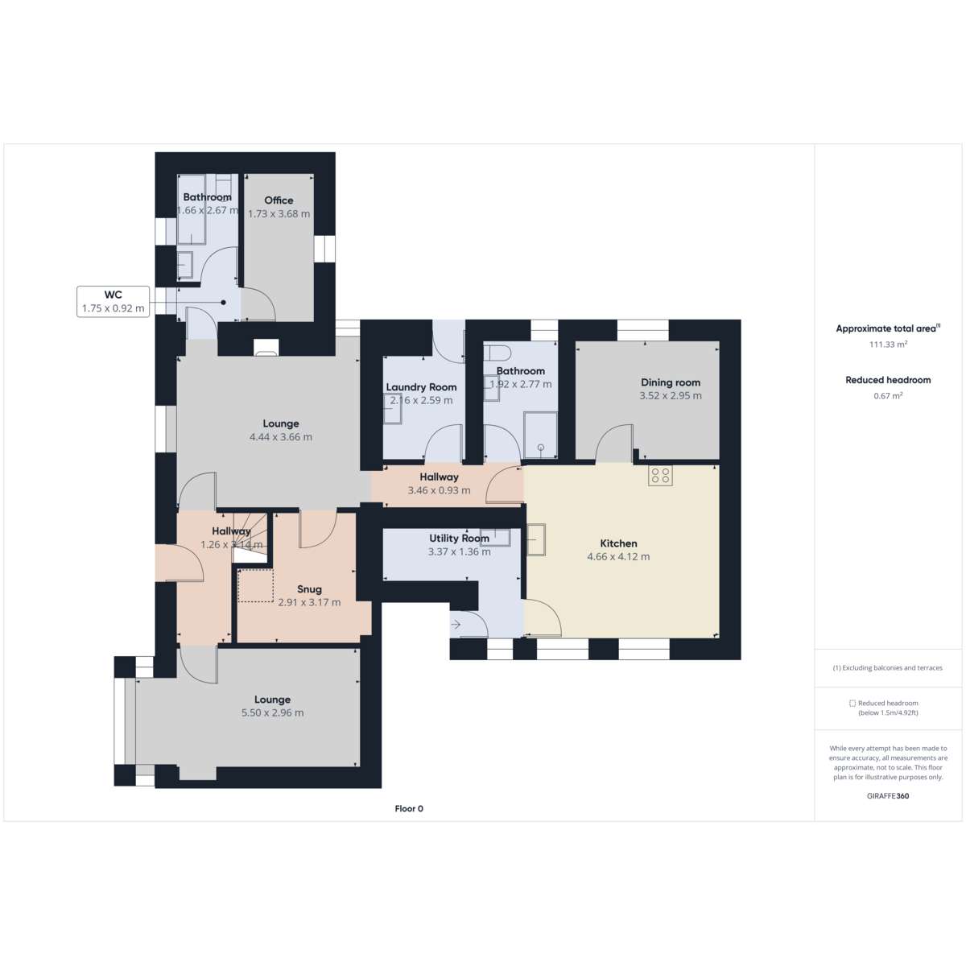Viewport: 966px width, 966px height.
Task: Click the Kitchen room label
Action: pos(618,543)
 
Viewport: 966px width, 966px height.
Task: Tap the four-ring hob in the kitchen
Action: pos(660,476)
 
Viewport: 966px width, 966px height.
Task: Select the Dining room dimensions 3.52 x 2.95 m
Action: pos(671,395)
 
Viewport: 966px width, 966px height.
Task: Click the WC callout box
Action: pos(113,301)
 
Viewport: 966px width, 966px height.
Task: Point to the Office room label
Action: pos(279,200)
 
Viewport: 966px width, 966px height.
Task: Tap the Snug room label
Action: pos(309,589)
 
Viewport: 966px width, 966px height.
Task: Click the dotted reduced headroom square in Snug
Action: pos(255,585)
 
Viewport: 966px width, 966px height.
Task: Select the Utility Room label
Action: pos(459,539)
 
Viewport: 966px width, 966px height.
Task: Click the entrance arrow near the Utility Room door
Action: pos(456,625)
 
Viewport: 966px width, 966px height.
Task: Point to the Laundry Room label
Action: pos(421,387)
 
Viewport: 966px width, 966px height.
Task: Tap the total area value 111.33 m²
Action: pos(888,345)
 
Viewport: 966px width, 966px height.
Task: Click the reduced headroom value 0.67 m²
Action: pos(888,395)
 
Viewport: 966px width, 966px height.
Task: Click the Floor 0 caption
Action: pos(409,808)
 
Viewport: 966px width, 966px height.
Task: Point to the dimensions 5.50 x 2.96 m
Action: pos(272,712)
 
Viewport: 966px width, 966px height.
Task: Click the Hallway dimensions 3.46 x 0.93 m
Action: pos(439,490)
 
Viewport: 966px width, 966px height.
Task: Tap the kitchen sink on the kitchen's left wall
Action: pos(536,539)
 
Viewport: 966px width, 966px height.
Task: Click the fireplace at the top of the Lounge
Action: pos(266,348)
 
